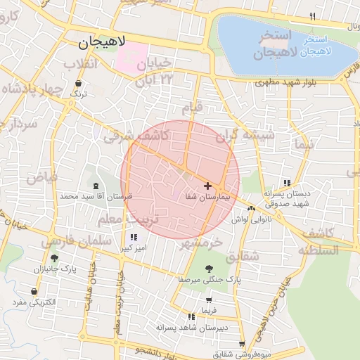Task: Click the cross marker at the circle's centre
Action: (x=207, y=186)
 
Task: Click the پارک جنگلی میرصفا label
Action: (x=208, y=279)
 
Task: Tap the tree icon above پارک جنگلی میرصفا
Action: (x=208, y=268)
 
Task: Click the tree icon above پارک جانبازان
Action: (x=55, y=258)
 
